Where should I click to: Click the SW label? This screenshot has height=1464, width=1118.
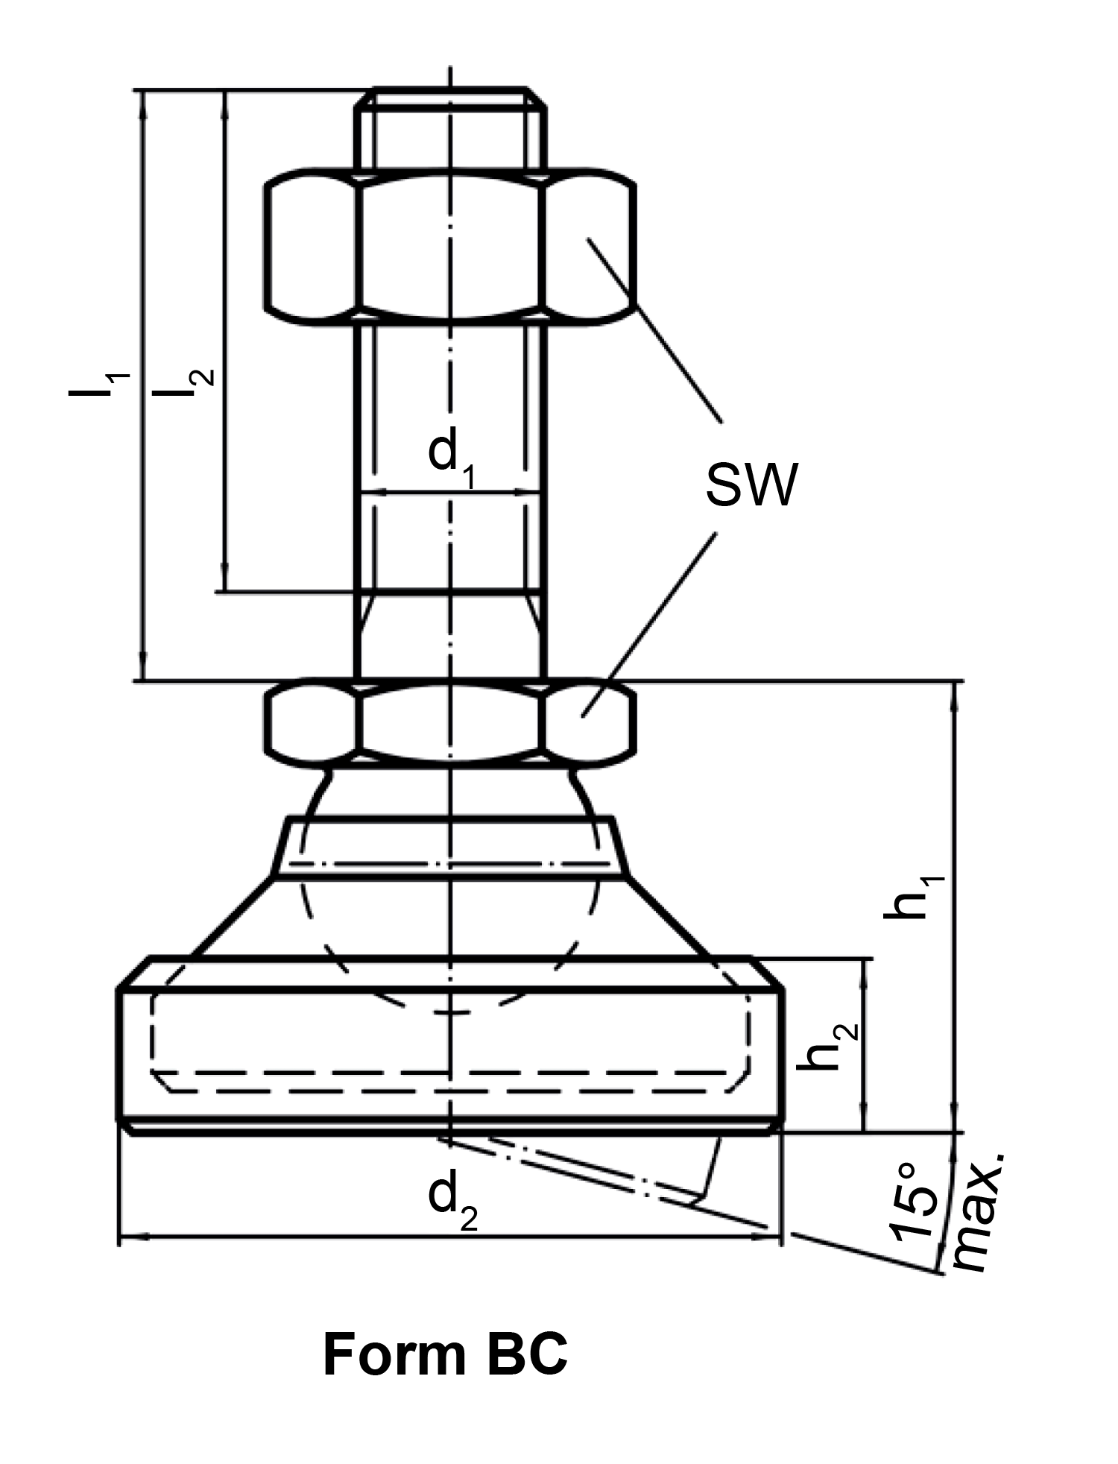pyautogui.click(x=751, y=485)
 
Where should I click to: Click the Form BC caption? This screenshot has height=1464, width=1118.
pyautogui.click(x=445, y=1354)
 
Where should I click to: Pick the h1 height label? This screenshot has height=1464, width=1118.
pyautogui.click(x=915, y=897)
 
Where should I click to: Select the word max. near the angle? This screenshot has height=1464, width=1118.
pyautogui.click(x=979, y=1211)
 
